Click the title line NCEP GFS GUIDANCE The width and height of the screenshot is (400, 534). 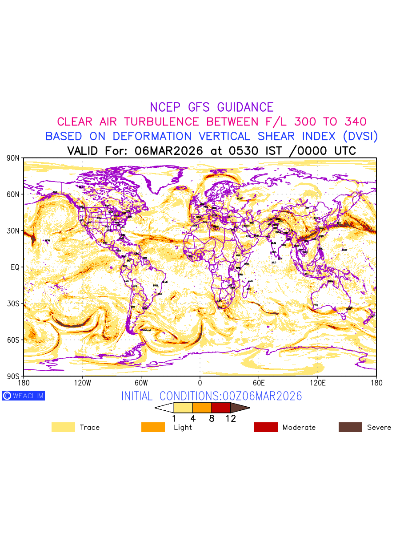coord(212,107)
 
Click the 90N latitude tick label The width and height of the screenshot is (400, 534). coord(13,158)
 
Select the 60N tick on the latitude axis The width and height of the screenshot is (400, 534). coord(13,194)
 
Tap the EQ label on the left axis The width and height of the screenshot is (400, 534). coord(15,267)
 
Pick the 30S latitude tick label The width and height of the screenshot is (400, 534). coord(13,303)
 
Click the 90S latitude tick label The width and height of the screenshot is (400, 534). coord(13,376)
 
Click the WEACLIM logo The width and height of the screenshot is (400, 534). coord(24,396)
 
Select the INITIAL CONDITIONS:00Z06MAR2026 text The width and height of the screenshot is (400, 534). coord(212,396)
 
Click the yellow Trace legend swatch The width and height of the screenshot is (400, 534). coord(63,427)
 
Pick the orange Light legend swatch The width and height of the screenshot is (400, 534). coord(153,427)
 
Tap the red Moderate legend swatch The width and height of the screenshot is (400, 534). coord(266,427)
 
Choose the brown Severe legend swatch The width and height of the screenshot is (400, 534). coord(350,427)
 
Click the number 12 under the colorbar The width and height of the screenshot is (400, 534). coord(231,418)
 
